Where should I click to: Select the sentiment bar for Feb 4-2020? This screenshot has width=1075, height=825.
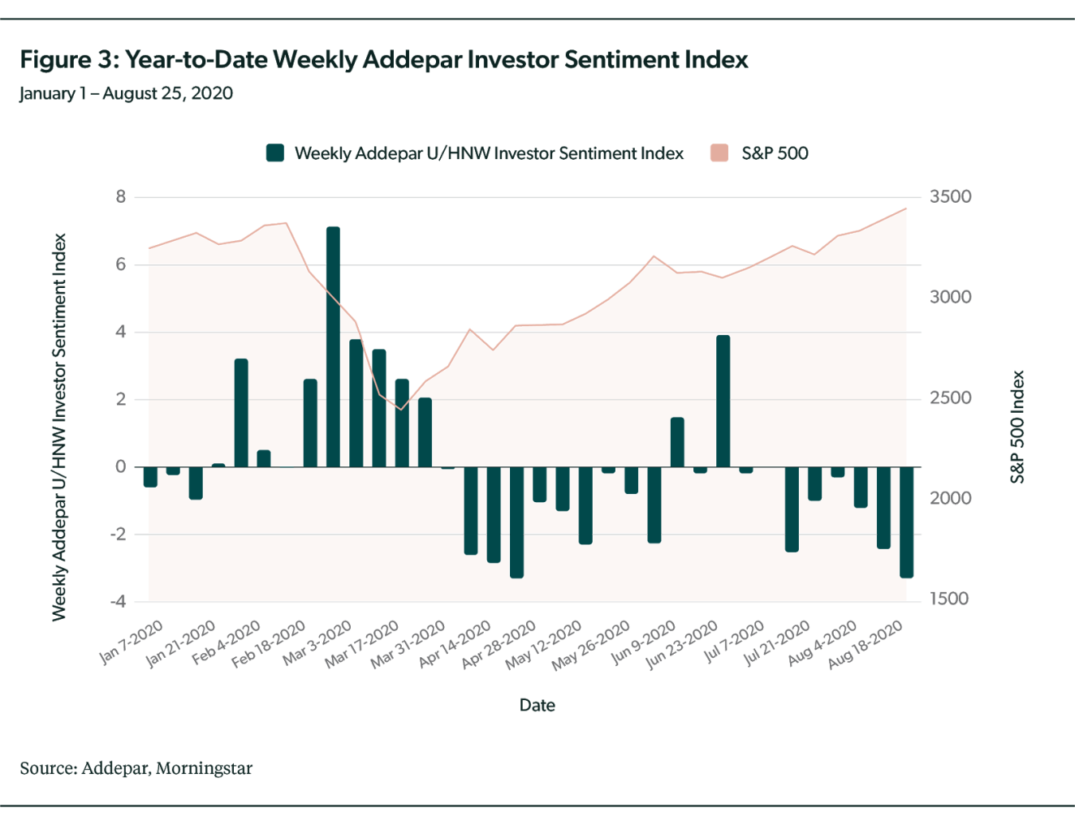tap(241, 412)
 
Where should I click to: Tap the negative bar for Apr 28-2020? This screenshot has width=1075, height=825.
tap(516, 522)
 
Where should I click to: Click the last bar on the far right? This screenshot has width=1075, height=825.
tap(907, 522)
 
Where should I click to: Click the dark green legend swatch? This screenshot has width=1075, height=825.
tap(275, 153)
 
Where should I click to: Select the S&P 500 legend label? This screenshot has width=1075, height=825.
tap(775, 153)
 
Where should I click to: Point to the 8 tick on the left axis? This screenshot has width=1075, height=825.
tap(121, 197)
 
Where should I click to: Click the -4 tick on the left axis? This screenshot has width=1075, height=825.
tap(118, 602)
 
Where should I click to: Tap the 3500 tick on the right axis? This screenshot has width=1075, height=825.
tap(951, 197)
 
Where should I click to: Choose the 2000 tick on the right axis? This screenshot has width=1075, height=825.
tap(951, 498)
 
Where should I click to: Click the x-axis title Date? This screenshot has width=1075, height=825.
tap(537, 705)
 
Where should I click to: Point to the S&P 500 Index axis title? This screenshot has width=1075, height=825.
tap(1017, 427)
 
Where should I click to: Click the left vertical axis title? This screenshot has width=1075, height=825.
tap(59, 427)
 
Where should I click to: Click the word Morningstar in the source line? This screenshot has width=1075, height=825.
tap(204, 767)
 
